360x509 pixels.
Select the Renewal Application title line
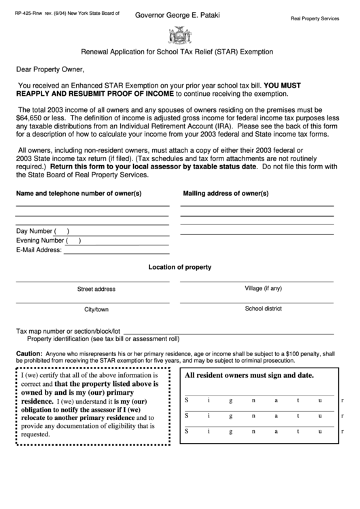pos(178,51)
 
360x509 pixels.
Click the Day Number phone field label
pos(35,230)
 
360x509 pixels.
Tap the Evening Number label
pos(40,240)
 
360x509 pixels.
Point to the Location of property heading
pos(179,267)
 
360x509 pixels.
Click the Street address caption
pos(96,289)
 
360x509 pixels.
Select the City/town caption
pos(96,309)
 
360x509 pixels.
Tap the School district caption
pos(263,309)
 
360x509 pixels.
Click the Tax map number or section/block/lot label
pos(68,331)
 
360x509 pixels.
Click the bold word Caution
pos(29,354)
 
